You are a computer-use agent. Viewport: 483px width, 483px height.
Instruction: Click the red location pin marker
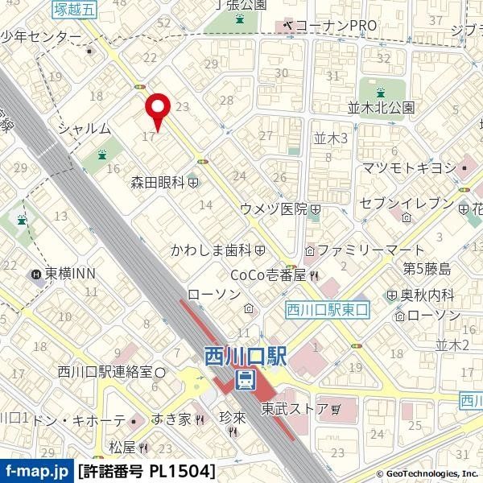156,109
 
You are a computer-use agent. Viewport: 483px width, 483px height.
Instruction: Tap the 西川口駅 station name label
246,355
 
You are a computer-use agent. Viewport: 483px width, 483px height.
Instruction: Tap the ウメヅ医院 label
274,209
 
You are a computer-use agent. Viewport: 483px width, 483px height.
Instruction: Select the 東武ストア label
295,409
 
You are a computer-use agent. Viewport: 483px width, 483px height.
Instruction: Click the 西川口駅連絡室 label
105,371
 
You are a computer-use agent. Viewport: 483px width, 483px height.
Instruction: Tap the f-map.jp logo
36,471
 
